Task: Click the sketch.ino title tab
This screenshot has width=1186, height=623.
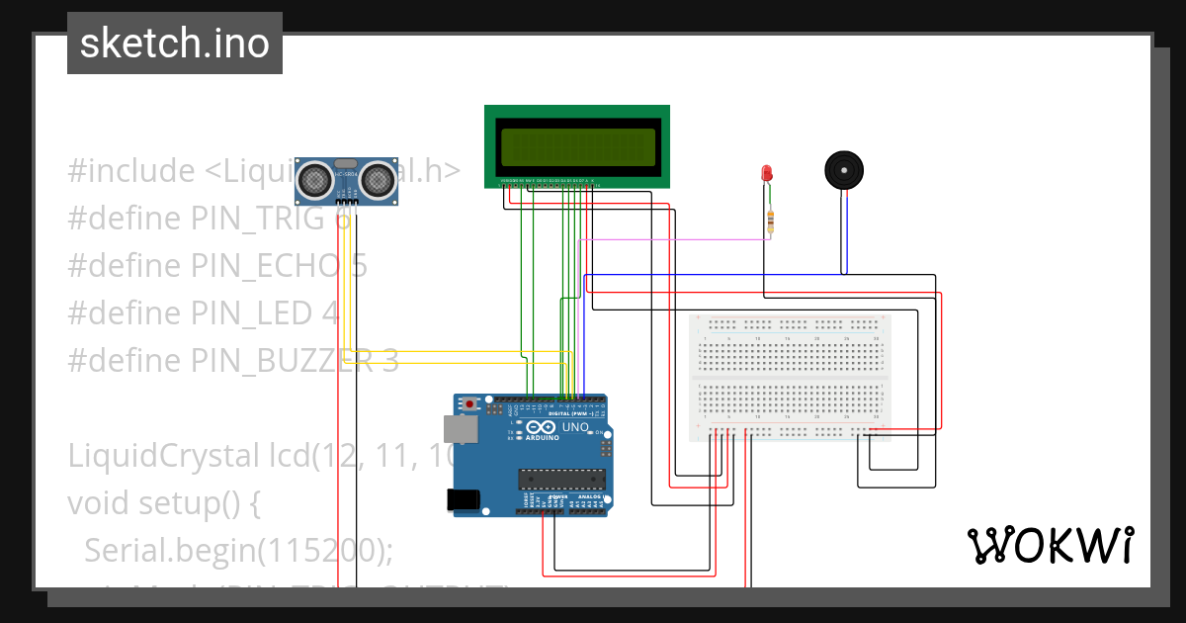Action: point(175,44)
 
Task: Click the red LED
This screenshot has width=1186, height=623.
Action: point(767,174)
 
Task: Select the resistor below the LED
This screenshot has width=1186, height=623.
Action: point(770,222)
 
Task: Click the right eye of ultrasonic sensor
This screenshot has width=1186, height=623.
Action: point(377,179)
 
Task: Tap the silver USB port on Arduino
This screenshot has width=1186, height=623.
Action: point(456,428)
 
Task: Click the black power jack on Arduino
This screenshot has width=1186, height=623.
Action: point(465,500)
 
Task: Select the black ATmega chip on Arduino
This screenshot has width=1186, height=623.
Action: point(561,480)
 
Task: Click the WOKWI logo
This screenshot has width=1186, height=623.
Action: point(1050,545)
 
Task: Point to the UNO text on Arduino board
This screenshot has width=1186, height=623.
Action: point(576,427)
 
